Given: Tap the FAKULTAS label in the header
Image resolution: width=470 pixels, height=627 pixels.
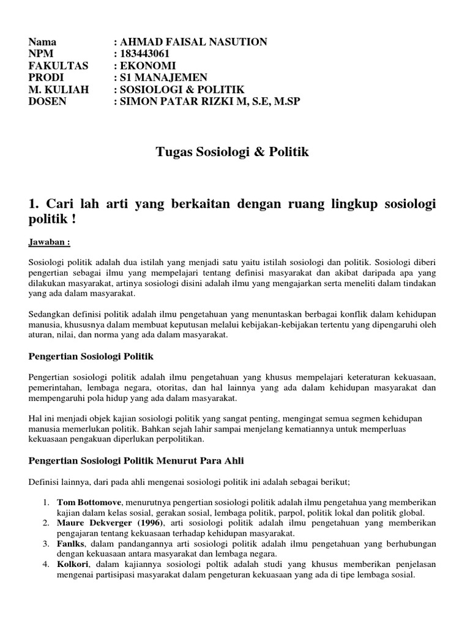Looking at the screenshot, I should [58, 66].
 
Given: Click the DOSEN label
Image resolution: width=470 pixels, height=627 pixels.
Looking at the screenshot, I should [47, 101].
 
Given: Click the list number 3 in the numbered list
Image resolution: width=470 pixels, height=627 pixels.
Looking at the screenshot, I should [47, 544].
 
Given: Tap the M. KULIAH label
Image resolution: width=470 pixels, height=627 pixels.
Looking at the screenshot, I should [59, 89].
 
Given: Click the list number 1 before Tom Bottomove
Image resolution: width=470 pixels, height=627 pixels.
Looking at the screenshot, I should [47, 503].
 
